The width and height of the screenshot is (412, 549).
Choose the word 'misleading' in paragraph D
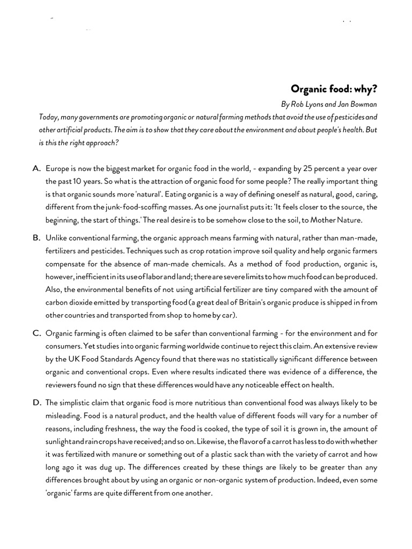pos(64,415)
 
